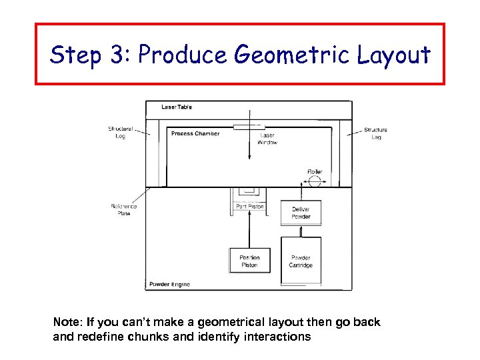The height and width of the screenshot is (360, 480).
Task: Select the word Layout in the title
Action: [x=393, y=55]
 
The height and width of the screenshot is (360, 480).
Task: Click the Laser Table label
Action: [x=177, y=107]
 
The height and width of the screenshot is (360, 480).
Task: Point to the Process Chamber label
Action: [x=195, y=133]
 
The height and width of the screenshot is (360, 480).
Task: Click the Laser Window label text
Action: [x=267, y=139]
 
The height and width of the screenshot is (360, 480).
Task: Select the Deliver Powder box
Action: [x=301, y=213]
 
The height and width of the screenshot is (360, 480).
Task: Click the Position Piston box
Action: [x=249, y=261]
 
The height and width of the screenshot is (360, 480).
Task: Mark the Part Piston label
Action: [x=250, y=207]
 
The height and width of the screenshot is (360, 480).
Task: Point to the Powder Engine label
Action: [x=169, y=284]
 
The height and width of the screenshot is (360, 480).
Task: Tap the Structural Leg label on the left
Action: [x=120, y=133]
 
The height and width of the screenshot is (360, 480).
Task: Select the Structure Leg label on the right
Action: [x=375, y=133]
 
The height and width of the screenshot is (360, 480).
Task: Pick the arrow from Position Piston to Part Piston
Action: [x=249, y=230]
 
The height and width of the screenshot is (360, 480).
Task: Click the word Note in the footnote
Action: [x=67, y=323]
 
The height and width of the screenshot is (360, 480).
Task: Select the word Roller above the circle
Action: [x=315, y=171]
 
